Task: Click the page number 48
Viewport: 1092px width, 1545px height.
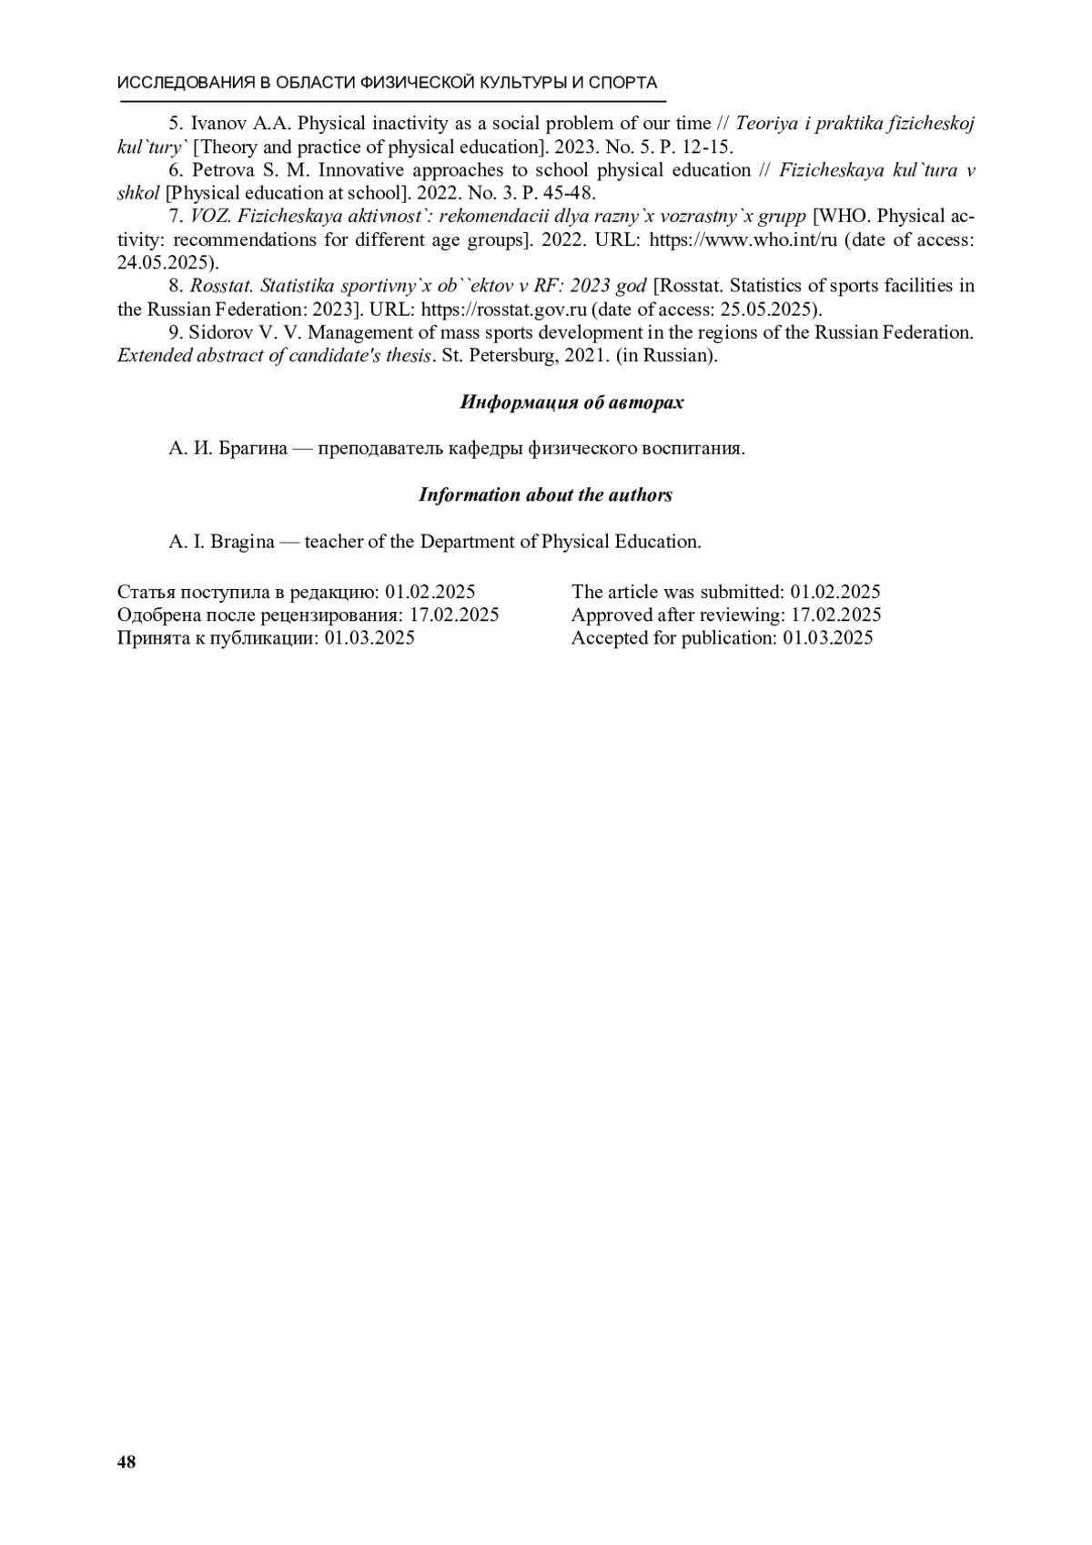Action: click(126, 1462)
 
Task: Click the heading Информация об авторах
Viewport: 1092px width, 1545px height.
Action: click(571, 402)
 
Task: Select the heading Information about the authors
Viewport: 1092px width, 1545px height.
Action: click(545, 495)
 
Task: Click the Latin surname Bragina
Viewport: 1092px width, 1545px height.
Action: click(242, 542)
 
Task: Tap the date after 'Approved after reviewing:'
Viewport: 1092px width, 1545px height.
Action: click(835, 615)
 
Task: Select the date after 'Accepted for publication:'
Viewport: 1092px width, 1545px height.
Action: click(827, 638)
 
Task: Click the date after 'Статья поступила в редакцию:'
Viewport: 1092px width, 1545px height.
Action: click(430, 592)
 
